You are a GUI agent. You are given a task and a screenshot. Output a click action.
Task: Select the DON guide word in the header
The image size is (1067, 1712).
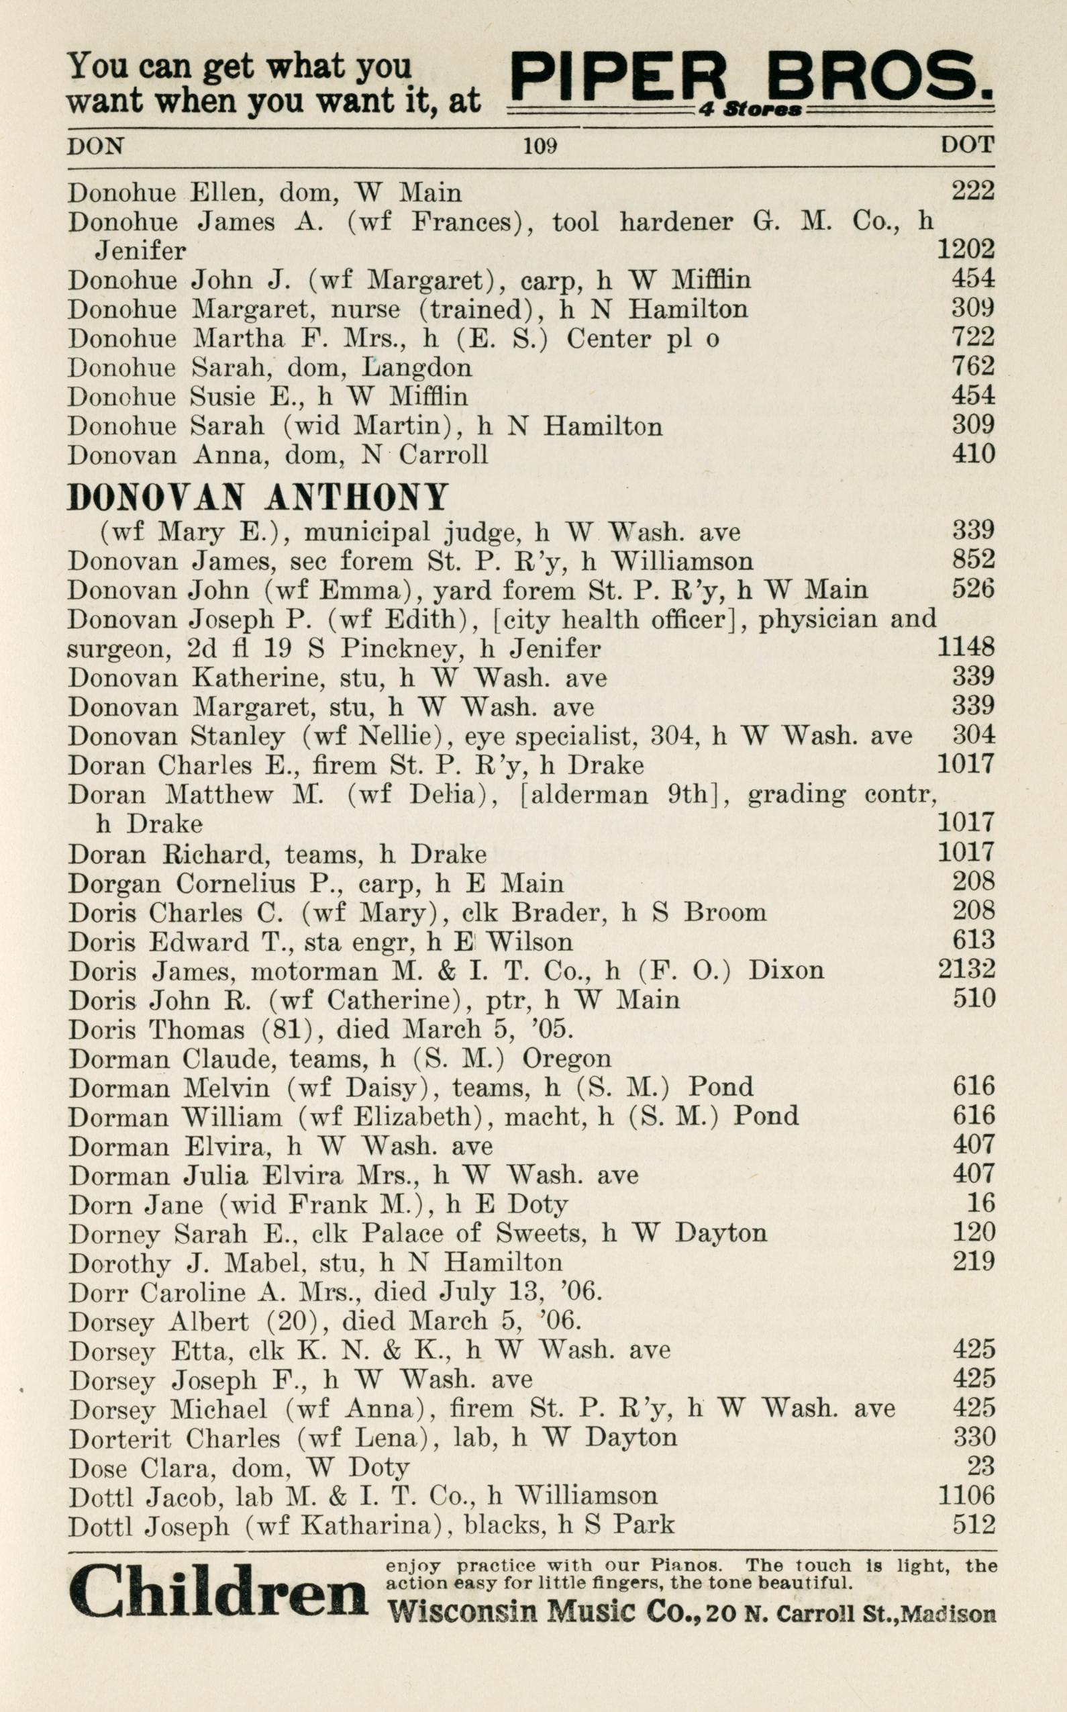95,146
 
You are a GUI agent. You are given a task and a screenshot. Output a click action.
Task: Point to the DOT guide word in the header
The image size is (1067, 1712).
967,146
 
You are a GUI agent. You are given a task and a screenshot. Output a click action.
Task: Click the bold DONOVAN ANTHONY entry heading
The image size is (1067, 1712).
258,497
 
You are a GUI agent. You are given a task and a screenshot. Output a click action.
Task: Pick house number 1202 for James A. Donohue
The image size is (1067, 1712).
966,249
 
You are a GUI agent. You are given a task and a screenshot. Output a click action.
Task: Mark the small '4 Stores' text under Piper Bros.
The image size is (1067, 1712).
750,110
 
